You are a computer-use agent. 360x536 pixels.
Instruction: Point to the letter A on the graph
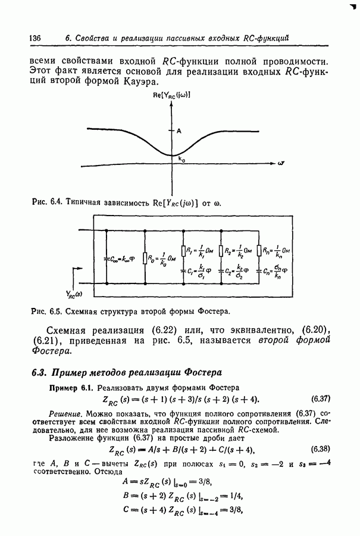179,130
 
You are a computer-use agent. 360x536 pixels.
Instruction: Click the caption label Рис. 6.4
46,202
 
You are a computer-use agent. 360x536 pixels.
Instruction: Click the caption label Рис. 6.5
46,311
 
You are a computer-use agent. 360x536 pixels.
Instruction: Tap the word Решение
65,412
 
